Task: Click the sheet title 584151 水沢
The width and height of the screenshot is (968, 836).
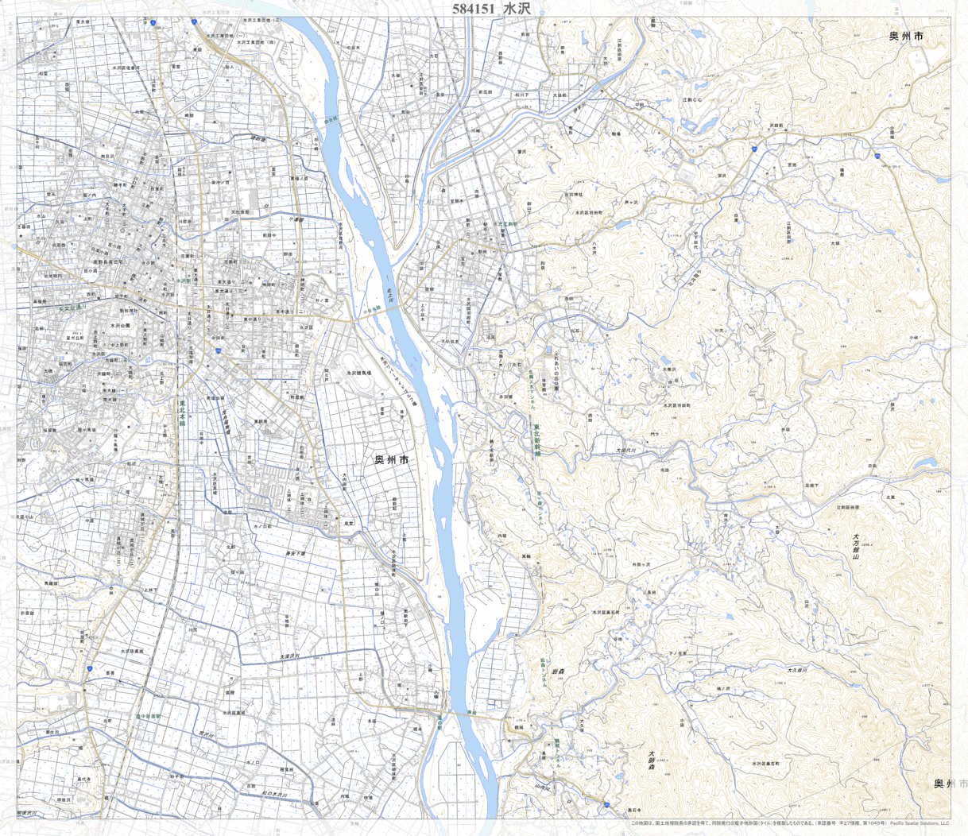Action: pos(490,8)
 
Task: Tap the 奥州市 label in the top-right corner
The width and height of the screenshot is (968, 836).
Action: pos(906,37)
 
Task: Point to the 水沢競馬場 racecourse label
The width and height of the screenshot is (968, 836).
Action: pos(358,372)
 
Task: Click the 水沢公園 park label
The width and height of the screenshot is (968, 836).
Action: pos(120,326)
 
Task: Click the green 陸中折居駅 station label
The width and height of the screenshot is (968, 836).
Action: pos(149,716)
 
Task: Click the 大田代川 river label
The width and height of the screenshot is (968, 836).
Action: pos(627,450)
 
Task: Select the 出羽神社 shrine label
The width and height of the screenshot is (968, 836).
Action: pos(575,193)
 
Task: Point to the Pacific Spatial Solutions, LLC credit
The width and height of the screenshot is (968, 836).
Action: pos(920,823)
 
